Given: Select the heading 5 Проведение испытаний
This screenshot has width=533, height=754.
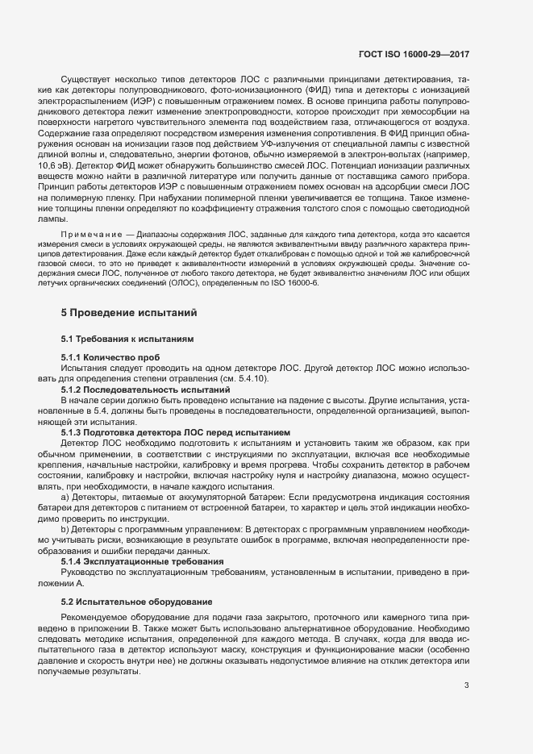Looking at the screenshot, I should click(128, 312).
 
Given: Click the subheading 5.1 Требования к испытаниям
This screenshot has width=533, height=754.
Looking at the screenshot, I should click(127, 339).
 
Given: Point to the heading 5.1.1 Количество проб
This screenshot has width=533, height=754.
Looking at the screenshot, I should click(110, 357).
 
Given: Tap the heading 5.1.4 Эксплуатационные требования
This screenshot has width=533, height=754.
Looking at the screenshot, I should click(131, 560).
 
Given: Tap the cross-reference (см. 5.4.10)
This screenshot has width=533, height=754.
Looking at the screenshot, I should click(248, 379).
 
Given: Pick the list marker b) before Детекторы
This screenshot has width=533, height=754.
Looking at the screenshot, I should click(65, 528).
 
